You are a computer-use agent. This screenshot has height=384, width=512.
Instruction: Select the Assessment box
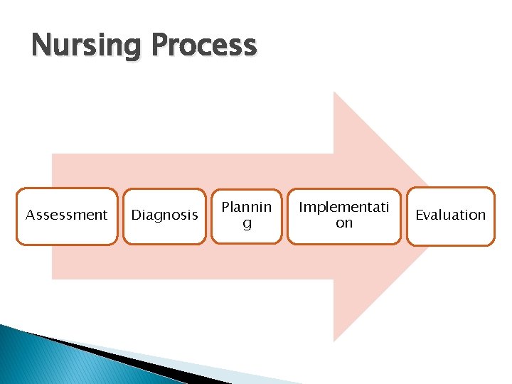pyautogui.click(x=67, y=216)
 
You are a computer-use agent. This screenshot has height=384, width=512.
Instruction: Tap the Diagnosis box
pyautogui.click(x=165, y=216)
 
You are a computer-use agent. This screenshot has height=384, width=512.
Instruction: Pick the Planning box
pyautogui.click(x=246, y=215)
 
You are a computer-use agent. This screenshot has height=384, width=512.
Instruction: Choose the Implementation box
pyautogui.click(x=343, y=215)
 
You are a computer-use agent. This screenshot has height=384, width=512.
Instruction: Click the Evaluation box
pyautogui.click(x=450, y=216)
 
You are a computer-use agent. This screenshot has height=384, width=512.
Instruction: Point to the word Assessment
pyautogui.click(x=67, y=215)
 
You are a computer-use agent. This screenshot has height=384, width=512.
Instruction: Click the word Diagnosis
pyautogui.click(x=165, y=215)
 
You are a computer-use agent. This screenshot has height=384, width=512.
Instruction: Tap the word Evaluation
pyautogui.click(x=450, y=215)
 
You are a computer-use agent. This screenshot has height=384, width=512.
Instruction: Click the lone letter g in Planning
pyautogui.click(x=247, y=224)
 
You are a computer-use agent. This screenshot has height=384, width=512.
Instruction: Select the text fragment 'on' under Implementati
pyautogui.click(x=344, y=223)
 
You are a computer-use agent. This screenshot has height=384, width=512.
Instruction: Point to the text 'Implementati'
pyautogui.click(x=344, y=207)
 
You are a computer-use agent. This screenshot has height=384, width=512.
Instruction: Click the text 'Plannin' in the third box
pyautogui.click(x=246, y=207)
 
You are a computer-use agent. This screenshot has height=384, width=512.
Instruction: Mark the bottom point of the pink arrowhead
pyautogui.click(x=335, y=339)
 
